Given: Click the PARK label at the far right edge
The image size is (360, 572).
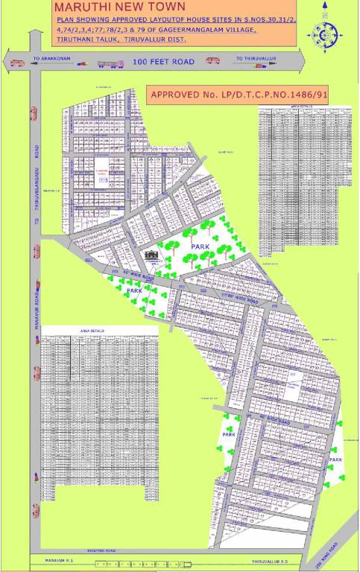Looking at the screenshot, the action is tap(335, 460).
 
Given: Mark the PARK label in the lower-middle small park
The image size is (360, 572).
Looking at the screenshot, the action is tap(229, 434).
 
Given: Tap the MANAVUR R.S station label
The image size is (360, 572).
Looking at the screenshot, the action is tap(54, 561).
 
